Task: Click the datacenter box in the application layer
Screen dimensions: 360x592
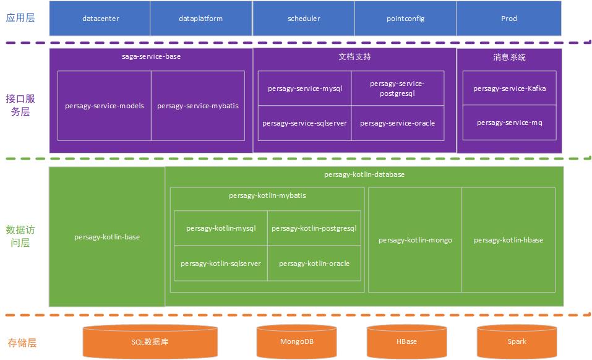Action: (100, 19)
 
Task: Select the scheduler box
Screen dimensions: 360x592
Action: (304, 19)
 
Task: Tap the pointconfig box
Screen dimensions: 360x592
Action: (405, 19)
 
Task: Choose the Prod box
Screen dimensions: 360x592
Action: (508, 19)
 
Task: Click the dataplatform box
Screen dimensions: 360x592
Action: (200, 19)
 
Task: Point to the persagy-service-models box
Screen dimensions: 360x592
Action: (105, 106)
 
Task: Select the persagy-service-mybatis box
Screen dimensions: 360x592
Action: (197, 106)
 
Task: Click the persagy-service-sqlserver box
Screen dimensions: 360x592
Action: (304, 123)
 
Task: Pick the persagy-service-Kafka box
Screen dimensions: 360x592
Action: (509, 88)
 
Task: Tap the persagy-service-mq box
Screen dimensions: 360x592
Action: (509, 123)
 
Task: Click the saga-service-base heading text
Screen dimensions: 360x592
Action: (151, 56)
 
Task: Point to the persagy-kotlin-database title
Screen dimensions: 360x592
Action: (364, 174)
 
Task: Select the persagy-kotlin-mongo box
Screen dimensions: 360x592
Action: (415, 240)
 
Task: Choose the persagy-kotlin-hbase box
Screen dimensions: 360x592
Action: (508, 240)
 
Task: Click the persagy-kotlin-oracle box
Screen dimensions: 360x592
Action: (314, 264)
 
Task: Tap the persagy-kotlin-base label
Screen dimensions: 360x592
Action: (107, 237)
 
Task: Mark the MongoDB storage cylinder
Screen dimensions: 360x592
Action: (297, 341)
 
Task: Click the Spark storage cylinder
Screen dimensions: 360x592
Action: (517, 341)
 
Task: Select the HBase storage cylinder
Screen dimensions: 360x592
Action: (406, 341)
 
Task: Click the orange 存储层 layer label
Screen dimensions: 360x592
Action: (22, 342)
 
